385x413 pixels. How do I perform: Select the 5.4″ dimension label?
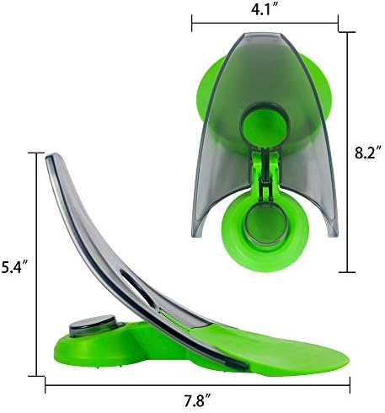13,267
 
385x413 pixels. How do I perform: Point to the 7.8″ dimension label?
198,401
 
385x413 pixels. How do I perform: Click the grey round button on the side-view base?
93,325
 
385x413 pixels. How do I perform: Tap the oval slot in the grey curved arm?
137,287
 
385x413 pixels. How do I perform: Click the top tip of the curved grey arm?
52,156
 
